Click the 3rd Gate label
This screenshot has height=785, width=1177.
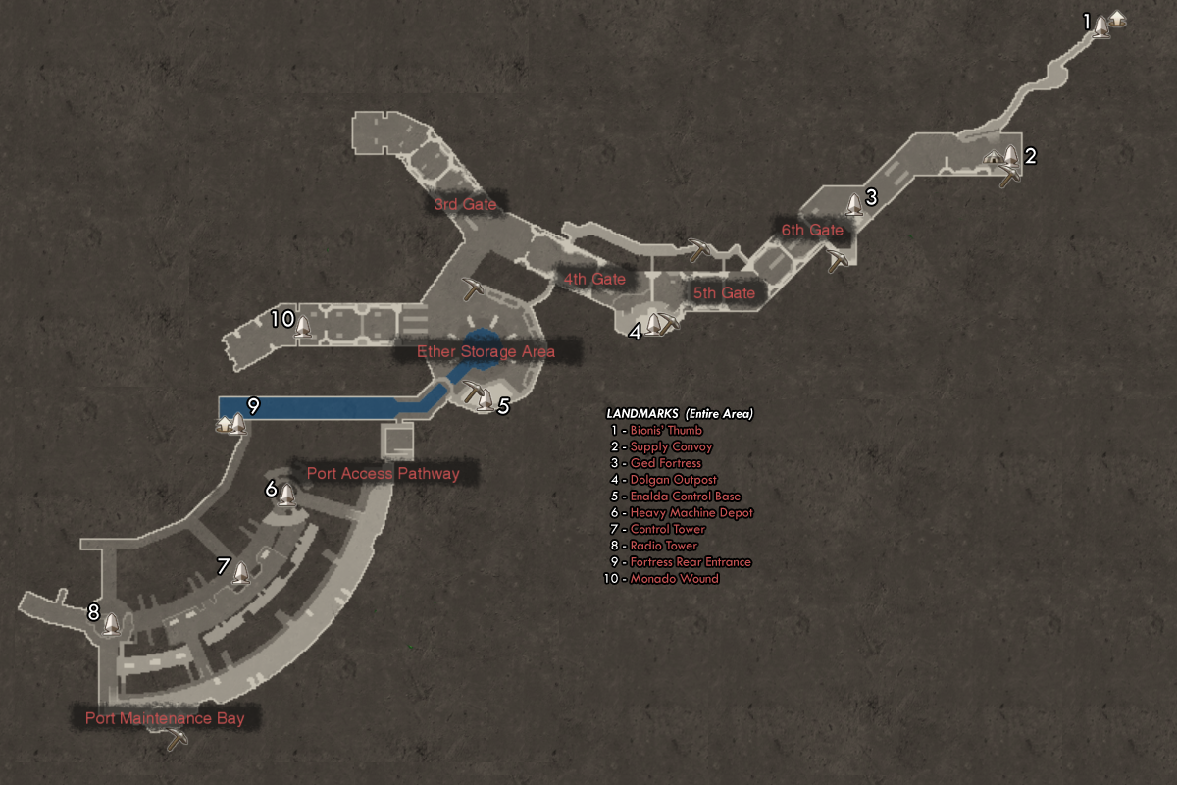pos(466,205)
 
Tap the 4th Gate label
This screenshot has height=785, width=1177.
pos(594,279)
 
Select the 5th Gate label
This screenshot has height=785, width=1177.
pos(724,292)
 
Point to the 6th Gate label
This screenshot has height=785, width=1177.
pos(812,230)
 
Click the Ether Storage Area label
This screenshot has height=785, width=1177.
pos(486,351)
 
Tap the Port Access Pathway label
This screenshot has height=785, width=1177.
pos(383,474)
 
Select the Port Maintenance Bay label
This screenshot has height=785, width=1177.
pos(165,718)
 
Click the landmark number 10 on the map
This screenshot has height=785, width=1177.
pos(281,319)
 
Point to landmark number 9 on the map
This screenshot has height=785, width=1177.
pos(253,406)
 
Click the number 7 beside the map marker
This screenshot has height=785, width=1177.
pos(224,566)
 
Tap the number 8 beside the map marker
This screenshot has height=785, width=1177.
pos(93,612)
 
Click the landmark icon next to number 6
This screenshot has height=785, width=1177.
pos(286,494)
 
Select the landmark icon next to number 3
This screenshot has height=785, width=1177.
pos(854,204)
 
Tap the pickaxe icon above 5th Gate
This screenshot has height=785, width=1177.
pos(698,250)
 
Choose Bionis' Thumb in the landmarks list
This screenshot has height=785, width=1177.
pos(666,430)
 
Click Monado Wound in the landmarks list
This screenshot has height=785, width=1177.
pos(674,578)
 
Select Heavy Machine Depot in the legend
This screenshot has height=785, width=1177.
pos(691,512)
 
